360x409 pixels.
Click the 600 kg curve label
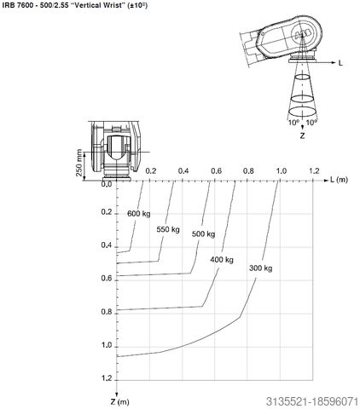point(139,214)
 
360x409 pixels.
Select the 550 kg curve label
point(168,229)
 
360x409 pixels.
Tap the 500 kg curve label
point(203,234)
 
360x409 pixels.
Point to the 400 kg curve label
point(222,260)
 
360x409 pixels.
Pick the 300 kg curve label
point(260,268)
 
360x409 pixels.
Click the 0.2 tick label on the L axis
point(151,171)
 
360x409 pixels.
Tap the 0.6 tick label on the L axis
point(217,171)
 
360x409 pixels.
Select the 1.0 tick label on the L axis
point(282,171)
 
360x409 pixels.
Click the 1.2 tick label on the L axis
point(314,170)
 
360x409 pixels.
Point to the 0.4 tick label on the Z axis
point(107,245)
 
